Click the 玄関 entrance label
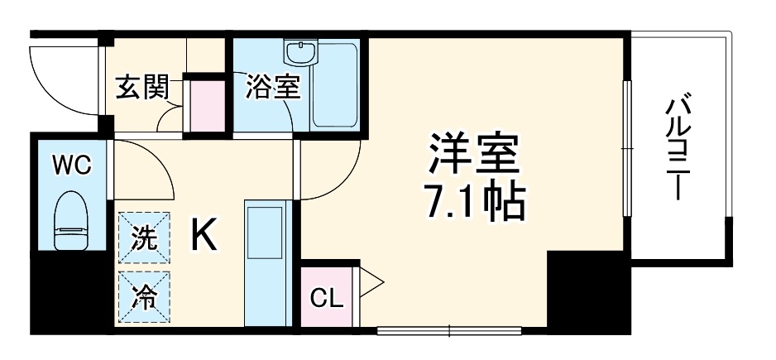click(x=142, y=87)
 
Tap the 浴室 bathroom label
click(x=271, y=87)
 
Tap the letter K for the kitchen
click(x=204, y=238)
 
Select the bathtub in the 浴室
click(x=336, y=83)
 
